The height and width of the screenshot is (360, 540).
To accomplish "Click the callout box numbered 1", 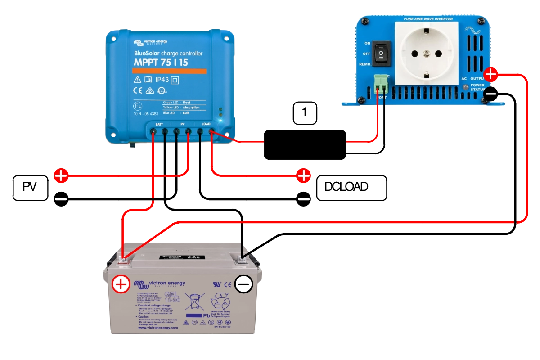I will click(x=305, y=113).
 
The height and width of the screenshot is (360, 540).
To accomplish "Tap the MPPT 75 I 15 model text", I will click(x=161, y=63).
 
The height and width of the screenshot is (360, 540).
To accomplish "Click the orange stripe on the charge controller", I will click(x=169, y=72).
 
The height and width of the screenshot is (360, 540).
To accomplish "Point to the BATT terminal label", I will click(x=159, y=124).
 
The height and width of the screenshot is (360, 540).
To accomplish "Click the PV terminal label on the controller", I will click(x=183, y=124).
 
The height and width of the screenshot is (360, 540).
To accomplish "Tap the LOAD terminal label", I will click(x=206, y=124).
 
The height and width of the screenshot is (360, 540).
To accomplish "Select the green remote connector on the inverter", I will click(x=380, y=82).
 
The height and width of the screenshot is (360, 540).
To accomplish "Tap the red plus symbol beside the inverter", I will click(x=490, y=74).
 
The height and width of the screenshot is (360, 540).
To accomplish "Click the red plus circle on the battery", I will click(x=121, y=284).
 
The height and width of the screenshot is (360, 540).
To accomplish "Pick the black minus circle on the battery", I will click(x=243, y=284).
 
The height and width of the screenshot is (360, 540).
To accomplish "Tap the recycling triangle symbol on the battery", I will click(x=221, y=301).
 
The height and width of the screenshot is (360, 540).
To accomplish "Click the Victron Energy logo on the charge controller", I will click(x=150, y=42).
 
